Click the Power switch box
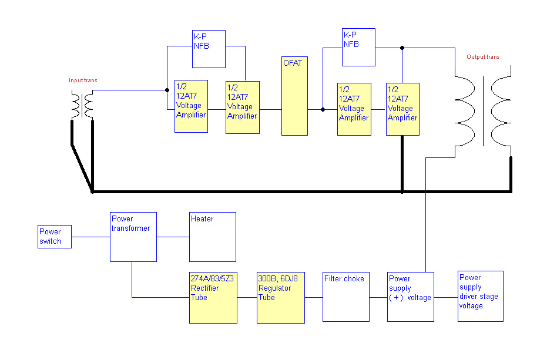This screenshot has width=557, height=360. (55, 236)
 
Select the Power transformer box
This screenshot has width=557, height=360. (133, 237)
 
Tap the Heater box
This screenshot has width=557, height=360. (212, 237)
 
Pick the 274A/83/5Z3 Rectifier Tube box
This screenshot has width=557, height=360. (213, 297)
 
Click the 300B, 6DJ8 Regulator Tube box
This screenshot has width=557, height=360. (281, 297)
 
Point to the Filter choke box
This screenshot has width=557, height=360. (346, 297)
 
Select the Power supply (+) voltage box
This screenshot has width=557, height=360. (411, 297)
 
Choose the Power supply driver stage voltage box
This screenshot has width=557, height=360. (481, 296)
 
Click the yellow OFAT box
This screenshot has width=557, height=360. (294, 96)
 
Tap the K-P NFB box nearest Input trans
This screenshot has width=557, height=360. (209, 49)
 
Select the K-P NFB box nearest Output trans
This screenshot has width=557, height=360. (358, 46)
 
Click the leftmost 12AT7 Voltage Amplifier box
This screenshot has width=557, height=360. (191, 106)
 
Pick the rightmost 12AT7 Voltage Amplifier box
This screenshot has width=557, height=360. (402, 109)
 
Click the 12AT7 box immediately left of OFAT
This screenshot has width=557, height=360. (242, 107)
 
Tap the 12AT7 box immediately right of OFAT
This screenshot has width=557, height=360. (354, 109)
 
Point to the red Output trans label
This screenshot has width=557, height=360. (483, 57)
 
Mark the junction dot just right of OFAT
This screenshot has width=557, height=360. (323, 109)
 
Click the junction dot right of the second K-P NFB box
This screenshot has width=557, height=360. (402, 48)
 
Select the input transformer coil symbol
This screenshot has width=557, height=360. (83, 105)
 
